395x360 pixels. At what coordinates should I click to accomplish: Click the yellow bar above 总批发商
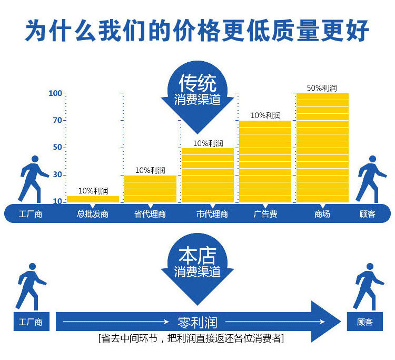(93, 199)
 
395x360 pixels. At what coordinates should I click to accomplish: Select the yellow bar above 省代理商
(151, 189)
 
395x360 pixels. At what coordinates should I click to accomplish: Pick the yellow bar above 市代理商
(208, 175)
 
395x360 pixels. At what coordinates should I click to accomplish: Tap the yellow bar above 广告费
(265, 161)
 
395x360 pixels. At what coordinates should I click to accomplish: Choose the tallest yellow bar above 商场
(322, 148)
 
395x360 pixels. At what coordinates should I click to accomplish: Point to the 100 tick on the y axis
(55, 93)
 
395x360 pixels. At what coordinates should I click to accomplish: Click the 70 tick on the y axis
(57, 120)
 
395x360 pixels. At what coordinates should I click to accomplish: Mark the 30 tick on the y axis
(57, 174)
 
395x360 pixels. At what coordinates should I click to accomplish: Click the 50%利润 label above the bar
(322, 87)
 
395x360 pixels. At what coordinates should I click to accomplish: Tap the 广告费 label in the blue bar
(265, 215)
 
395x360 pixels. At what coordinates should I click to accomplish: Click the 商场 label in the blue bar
(322, 215)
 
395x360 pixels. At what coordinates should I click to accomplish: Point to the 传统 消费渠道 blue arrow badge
(197, 95)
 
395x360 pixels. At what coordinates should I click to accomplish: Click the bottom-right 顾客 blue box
(364, 322)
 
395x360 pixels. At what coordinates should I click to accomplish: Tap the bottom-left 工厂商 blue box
(31, 322)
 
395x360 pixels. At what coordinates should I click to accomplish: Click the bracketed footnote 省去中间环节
(191, 338)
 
